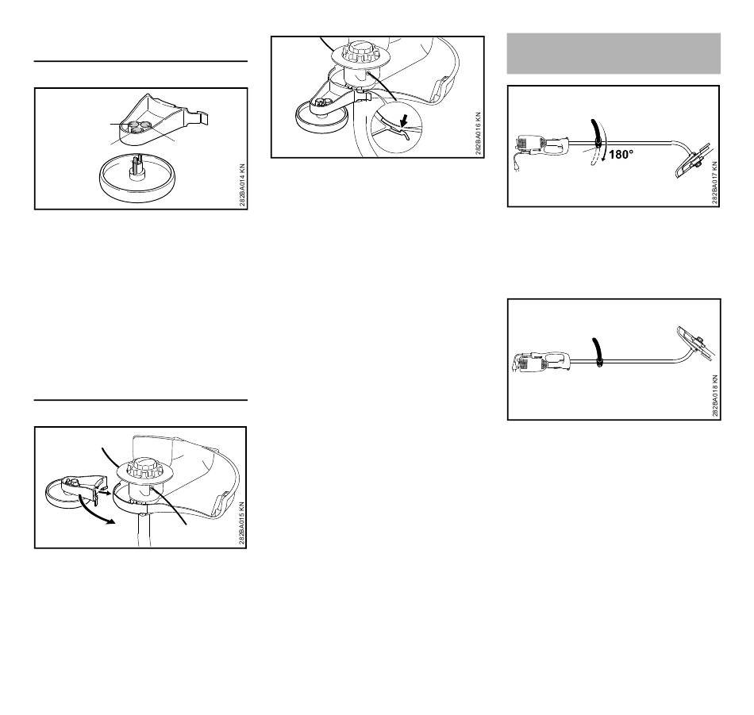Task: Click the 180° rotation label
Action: point(621,154)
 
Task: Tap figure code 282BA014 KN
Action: point(242,186)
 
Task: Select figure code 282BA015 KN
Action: point(242,524)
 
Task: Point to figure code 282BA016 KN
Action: point(479,133)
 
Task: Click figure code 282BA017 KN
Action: point(715,183)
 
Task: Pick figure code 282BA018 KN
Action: point(715,396)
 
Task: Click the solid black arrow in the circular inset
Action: point(405,121)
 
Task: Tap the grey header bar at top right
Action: point(614,53)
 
